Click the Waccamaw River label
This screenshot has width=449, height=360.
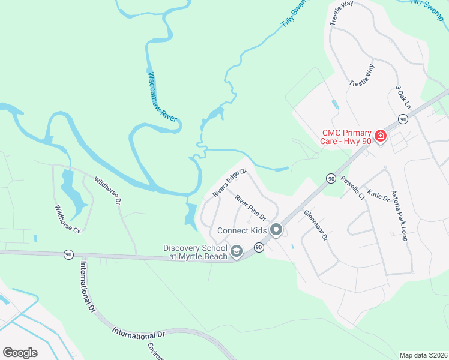click(162, 97)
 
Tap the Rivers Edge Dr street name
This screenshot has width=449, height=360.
click(229, 183)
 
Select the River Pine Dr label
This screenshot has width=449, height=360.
click(250, 207)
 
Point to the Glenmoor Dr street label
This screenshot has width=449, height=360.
click(315, 225)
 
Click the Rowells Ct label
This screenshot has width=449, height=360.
click(352, 187)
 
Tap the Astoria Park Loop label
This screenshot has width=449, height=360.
click(399, 215)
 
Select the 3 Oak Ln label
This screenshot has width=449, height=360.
click(403, 97)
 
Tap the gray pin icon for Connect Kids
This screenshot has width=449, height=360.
click(276, 230)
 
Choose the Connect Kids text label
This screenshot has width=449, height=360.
click(243, 230)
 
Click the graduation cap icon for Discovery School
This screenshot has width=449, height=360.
click(237, 252)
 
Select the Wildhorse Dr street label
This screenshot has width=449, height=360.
click(108, 190)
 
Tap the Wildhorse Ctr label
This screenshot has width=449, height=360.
click(68, 219)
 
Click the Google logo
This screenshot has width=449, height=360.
click(20, 353)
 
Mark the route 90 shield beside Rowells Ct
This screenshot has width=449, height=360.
click(330, 178)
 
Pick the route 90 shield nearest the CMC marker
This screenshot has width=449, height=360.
click(403, 119)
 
